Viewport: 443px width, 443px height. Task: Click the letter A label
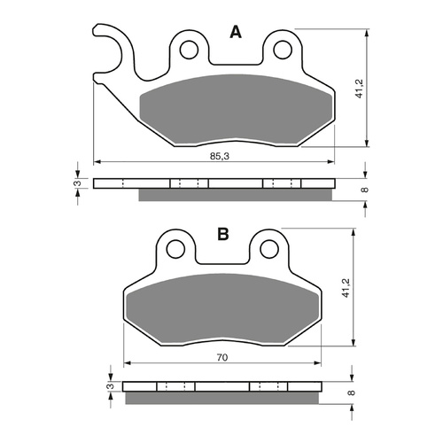[x=236, y=33]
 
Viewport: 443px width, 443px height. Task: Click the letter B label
[x=222, y=235]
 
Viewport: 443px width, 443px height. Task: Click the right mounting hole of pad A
[x=283, y=49]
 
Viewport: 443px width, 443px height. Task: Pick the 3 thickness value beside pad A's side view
[x=77, y=183]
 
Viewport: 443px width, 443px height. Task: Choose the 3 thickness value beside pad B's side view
[x=108, y=387]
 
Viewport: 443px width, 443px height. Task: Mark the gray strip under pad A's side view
[x=237, y=195]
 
